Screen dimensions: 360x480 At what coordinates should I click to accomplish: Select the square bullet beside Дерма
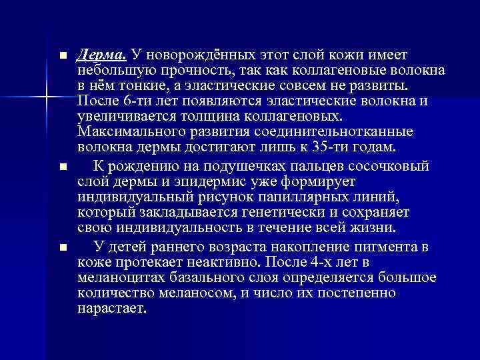pos(63,55)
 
